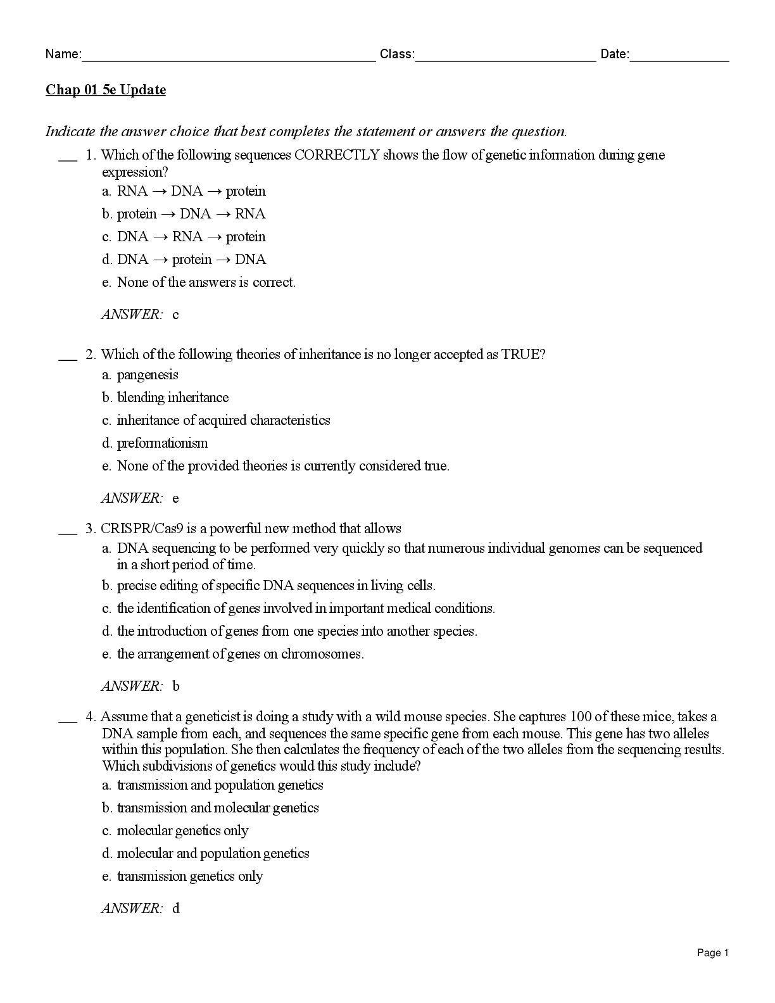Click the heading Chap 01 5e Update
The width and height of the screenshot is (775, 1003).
pos(106,90)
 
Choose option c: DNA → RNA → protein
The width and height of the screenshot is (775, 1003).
pos(191,237)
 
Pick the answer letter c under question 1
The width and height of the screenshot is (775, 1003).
pos(175,315)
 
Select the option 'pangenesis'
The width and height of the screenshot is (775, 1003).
pos(148,375)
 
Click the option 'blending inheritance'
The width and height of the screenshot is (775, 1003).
pos(173,398)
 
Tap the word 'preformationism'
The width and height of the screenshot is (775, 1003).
pos(162,443)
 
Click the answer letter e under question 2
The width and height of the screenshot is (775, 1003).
pos(175,498)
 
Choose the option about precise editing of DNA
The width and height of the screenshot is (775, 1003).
pos(276,586)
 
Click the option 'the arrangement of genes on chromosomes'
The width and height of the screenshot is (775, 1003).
pos(241,654)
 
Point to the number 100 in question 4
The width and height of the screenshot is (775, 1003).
pos(581,717)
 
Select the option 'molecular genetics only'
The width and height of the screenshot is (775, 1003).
pos(182,831)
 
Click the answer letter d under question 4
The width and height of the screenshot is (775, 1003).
pos(176,909)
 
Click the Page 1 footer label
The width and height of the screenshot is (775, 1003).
pos(713,953)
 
